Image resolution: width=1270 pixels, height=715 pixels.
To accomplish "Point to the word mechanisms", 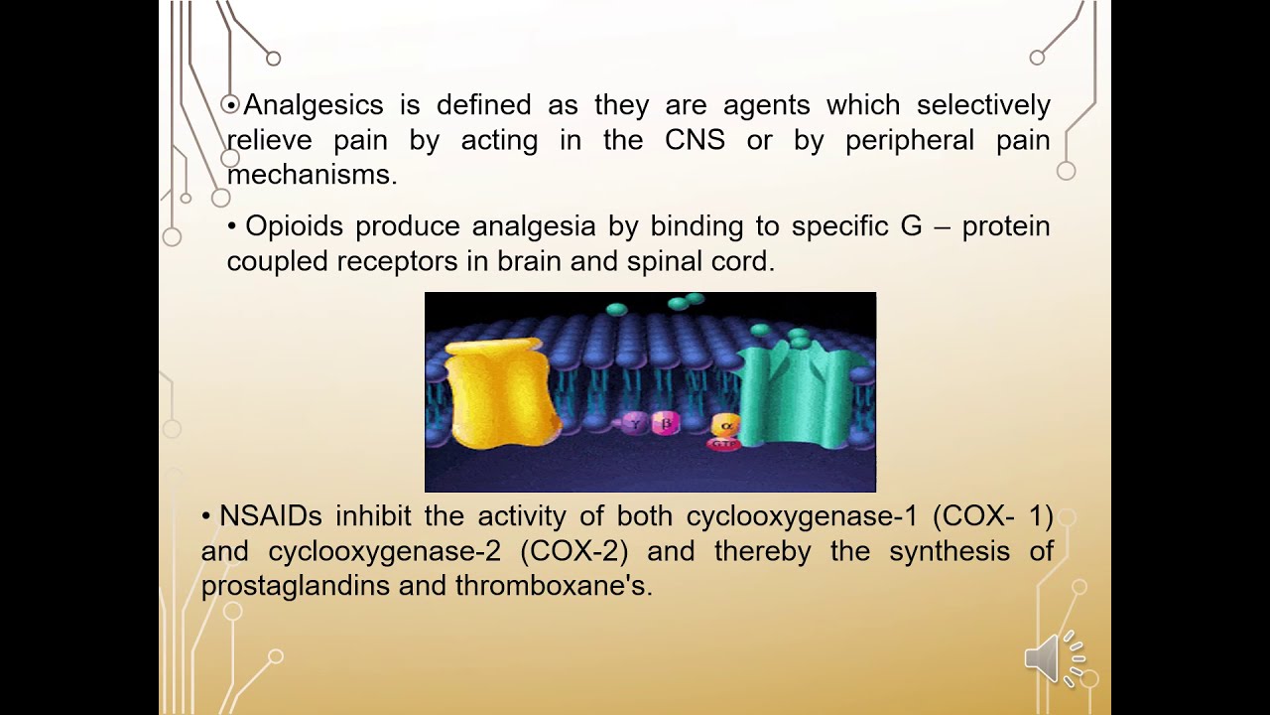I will point(312,175).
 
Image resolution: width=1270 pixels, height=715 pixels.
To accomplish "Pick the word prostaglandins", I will point(295,586).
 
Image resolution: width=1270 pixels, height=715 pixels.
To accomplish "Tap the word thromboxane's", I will point(554,586).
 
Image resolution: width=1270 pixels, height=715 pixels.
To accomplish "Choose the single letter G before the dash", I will point(911,226).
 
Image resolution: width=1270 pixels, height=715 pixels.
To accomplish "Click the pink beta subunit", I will point(667,424).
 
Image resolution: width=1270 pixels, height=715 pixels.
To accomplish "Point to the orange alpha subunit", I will point(725,424).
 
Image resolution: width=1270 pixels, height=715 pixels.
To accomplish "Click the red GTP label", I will point(724,444).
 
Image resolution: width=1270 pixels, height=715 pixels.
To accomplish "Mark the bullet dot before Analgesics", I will point(231,104).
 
